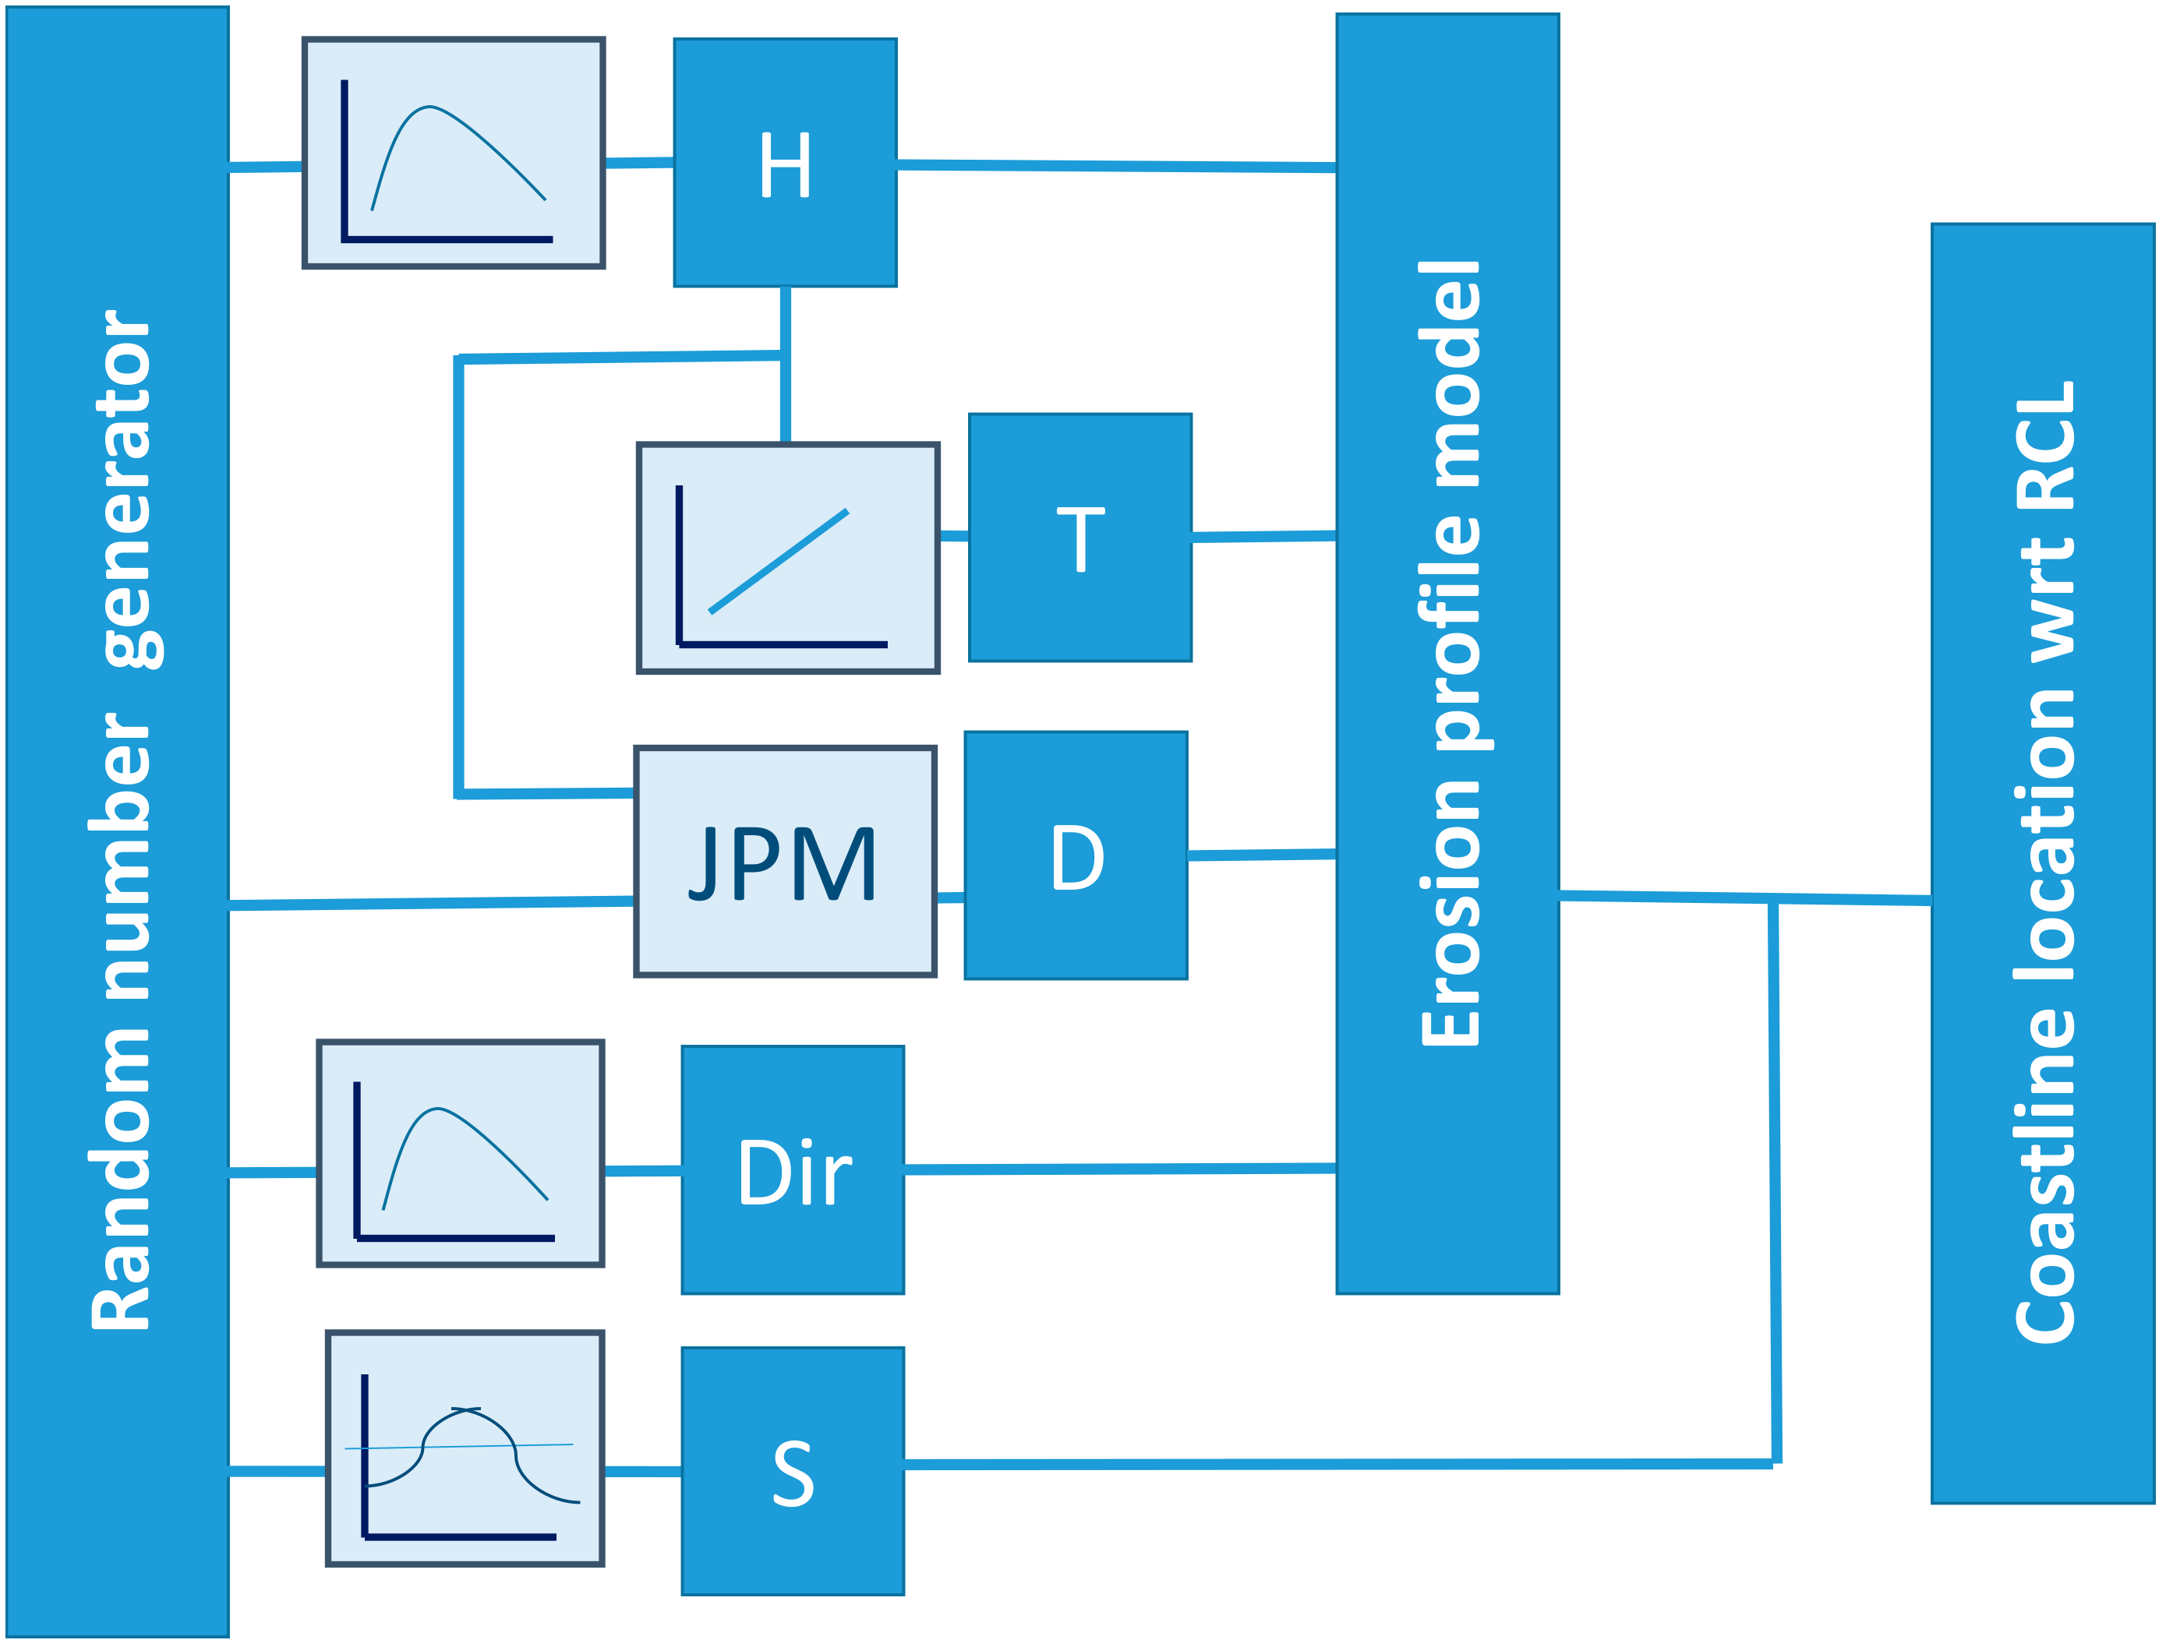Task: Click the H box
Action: (784, 163)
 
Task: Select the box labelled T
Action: (1079, 538)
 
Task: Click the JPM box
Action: (784, 862)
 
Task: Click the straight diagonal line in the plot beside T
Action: (779, 561)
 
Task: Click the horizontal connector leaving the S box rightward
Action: (1334, 1465)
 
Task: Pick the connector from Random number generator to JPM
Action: (432, 903)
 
